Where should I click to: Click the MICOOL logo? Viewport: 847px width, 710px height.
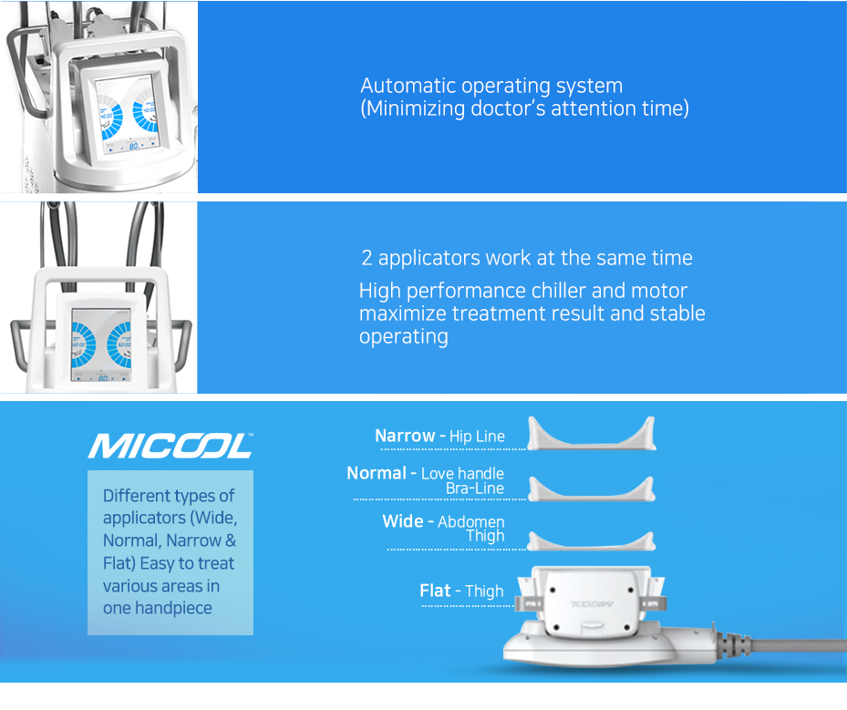[x=170, y=446]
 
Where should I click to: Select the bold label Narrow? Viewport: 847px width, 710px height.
[x=405, y=436]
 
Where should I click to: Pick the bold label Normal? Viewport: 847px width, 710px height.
[x=377, y=473]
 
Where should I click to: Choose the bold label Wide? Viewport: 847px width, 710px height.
[x=403, y=521]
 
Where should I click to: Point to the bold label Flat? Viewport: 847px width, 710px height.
[x=435, y=591]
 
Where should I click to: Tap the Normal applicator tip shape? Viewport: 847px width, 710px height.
[x=592, y=492]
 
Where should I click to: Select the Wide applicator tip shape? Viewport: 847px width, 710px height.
[x=592, y=544]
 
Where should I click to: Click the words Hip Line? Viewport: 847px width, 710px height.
[x=477, y=437]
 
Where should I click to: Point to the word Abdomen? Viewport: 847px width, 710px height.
[x=471, y=521]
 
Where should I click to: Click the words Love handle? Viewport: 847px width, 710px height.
[x=462, y=474]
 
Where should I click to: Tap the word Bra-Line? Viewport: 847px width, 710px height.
[x=475, y=489]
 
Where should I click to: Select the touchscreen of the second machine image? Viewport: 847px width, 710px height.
[x=101, y=345]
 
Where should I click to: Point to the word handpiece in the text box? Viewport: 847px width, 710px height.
[x=173, y=609]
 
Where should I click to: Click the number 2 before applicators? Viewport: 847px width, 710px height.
[x=367, y=258]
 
